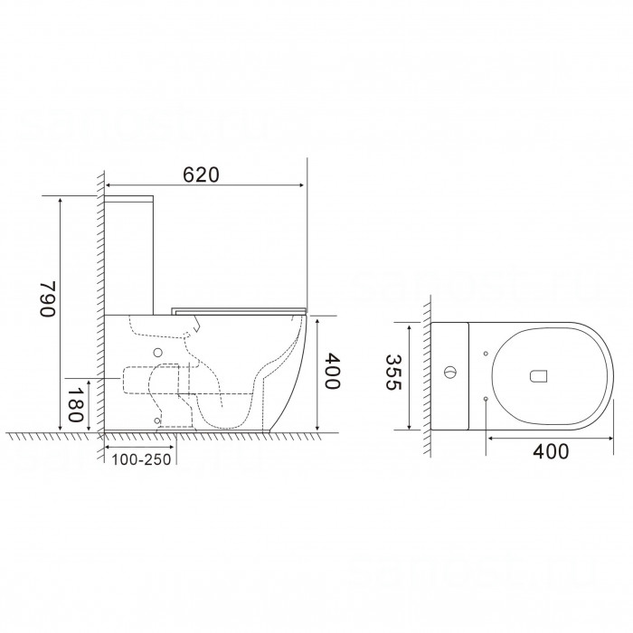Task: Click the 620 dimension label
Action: click(201, 175)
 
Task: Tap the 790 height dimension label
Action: click(48, 298)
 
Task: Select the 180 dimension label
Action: click(75, 405)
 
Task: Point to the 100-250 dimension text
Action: click(141, 459)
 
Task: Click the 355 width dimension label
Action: click(392, 373)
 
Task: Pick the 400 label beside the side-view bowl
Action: click(333, 371)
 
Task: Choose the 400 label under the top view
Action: click(551, 451)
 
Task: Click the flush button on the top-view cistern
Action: click(449, 372)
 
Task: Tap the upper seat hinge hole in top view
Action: click(486, 354)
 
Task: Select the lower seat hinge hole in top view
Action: click(486, 399)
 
